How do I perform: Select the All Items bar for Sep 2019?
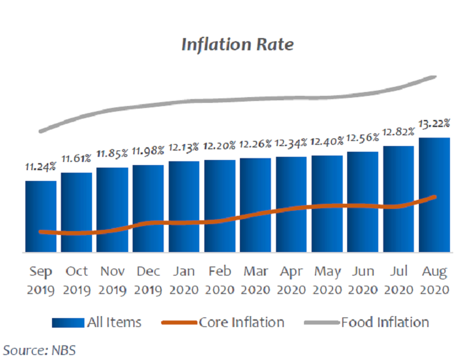click(x=41, y=216)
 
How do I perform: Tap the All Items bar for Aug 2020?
click(x=435, y=194)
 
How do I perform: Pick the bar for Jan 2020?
click(x=184, y=206)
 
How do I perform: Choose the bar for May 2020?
click(x=327, y=204)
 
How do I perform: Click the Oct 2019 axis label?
click(x=77, y=280)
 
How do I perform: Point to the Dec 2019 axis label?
click(x=148, y=280)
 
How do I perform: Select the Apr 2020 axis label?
click(x=292, y=280)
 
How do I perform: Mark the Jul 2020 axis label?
click(x=399, y=280)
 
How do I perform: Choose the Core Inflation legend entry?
click(x=222, y=323)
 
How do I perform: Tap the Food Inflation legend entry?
click(x=368, y=323)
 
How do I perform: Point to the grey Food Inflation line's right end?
click(x=434, y=77)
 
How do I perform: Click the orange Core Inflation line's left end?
click(x=41, y=232)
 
